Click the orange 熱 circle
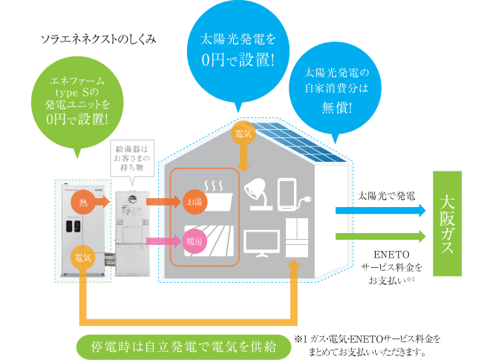83,202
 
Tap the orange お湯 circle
195,202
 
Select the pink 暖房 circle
195,241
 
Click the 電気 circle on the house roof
243,134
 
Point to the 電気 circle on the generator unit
83,258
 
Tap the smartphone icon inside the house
287,194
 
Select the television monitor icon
261,243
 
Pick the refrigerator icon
297,238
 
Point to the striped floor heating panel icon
209,240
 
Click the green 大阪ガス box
447,223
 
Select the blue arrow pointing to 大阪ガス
380,210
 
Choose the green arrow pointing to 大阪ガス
380,236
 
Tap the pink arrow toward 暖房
163,241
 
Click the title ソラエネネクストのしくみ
99,39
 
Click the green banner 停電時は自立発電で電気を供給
183,347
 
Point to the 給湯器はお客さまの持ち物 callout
132,158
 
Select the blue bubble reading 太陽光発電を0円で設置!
238,50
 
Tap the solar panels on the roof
298,142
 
